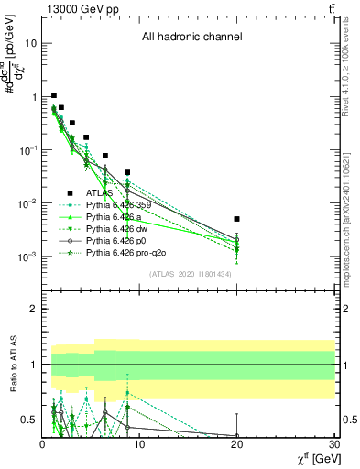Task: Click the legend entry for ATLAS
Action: click(100, 192)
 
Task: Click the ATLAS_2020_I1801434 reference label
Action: click(189, 274)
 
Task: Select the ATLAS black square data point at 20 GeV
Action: click(236, 219)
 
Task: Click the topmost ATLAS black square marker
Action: click(54, 95)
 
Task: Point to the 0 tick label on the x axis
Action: click(42, 446)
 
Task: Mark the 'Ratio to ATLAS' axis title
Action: click(11, 363)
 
